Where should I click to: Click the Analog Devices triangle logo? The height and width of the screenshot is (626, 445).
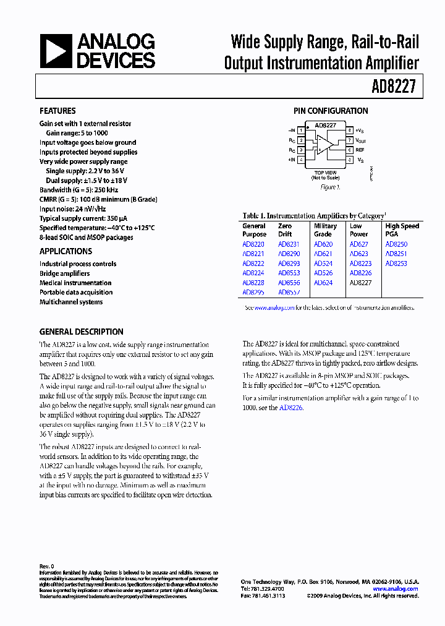[56, 51]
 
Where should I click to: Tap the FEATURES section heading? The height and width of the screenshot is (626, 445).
[57, 111]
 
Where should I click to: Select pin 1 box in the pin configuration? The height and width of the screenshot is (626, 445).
[301, 131]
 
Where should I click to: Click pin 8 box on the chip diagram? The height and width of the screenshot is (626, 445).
[350, 131]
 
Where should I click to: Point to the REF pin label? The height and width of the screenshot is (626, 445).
[360, 150]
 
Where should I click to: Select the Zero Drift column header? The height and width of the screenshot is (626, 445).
[284, 230]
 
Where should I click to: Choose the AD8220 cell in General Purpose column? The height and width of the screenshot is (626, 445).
[253, 244]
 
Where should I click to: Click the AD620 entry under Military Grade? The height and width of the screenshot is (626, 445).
[323, 244]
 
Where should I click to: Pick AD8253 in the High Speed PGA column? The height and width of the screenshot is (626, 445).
[396, 264]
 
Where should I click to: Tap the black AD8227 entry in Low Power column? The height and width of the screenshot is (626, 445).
[360, 283]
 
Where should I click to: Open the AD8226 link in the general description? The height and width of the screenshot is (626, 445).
[291, 408]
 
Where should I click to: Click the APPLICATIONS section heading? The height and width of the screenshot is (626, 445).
[66, 251]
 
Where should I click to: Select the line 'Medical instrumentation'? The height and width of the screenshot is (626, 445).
[75, 283]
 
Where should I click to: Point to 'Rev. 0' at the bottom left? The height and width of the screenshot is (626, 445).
[47, 567]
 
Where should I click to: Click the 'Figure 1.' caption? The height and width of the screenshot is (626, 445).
[329, 187]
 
